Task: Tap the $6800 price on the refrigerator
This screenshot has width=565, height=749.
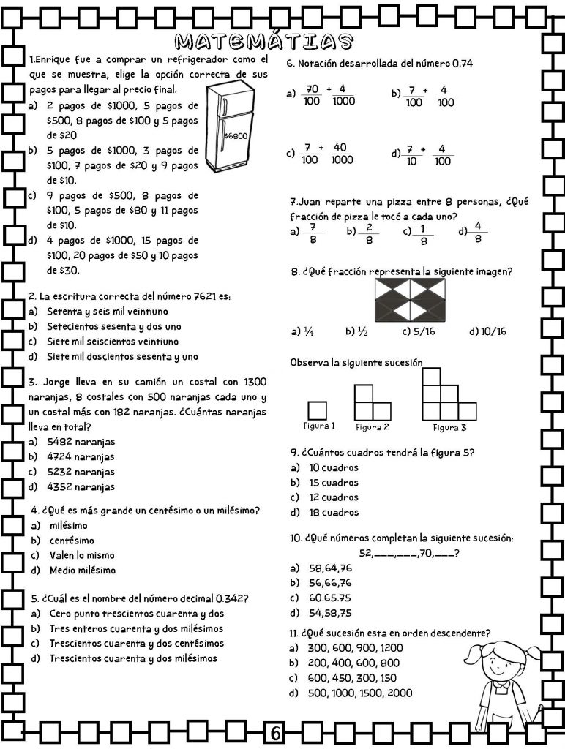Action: click(x=236, y=136)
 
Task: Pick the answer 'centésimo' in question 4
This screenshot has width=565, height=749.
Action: click(x=72, y=541)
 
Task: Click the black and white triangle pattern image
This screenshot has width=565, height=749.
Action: click(x=410, y=301)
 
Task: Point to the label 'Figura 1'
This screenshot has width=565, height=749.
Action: click(x=319, y=426)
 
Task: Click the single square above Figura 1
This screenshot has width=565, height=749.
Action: click(x=318, y=410)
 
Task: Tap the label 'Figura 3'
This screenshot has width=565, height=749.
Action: click(x=449, y=428)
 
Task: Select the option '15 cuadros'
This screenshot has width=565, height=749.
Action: click(x=334, y=483)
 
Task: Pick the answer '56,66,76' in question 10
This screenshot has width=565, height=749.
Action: click(x=329, y=583)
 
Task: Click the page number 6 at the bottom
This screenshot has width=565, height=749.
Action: click(x=276, y=732)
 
